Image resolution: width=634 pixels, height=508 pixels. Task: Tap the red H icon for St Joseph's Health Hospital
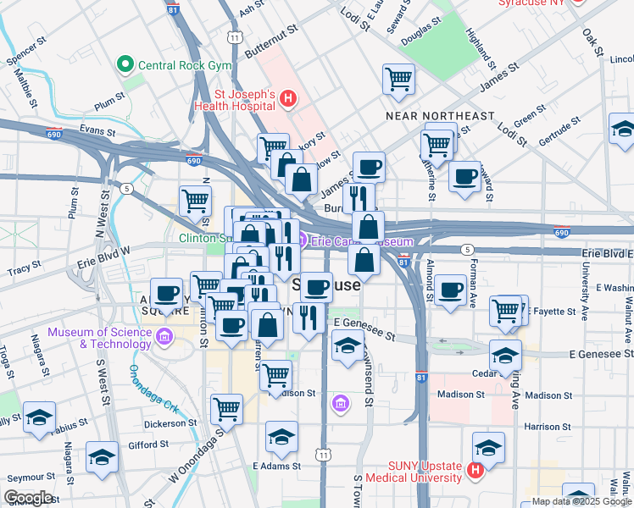288,98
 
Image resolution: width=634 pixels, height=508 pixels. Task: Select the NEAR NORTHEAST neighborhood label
439,115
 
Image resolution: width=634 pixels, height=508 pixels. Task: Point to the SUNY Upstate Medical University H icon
475,469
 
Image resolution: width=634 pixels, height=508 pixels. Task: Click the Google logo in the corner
28,497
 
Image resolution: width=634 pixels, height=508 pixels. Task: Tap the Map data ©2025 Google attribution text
580,501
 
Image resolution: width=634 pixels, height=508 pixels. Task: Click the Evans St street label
97,130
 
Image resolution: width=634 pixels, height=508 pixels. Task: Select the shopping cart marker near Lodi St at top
398,80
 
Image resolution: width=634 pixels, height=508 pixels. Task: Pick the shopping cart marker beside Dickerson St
226,409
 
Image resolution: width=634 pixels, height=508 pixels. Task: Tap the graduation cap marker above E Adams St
281,437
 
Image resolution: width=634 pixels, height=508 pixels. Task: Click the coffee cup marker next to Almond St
450,290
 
